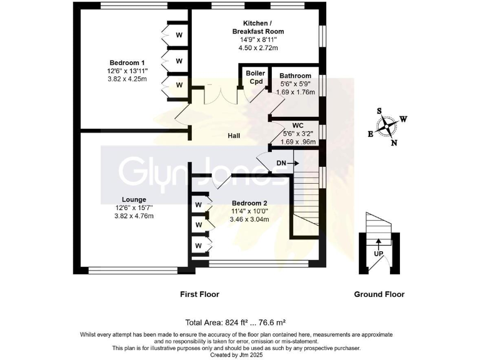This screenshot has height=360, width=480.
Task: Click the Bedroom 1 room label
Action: (x=127, y=62)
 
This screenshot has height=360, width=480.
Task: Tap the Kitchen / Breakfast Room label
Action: (x=258, y=26)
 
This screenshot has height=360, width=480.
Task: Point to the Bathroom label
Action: (x=295, y=76)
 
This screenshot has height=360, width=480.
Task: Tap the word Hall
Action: (x=234, y=136)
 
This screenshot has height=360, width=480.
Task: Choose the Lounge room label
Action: (x=134, y=199)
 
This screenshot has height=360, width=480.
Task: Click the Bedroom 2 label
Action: (x=249, y=203)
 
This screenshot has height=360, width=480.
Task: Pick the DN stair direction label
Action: (x=281, y=164)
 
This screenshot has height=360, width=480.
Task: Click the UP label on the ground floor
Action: (x=379, y=254)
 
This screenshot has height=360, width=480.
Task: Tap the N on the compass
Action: (x=394, y=142)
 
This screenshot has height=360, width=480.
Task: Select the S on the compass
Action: (x=379, y=111)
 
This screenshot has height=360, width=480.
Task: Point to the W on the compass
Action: (x=404, y=119)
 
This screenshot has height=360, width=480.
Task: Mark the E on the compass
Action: (x=370, y=134)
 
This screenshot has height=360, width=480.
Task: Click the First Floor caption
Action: (x=201, y=294)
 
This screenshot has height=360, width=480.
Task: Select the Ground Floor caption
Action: (x=379, y=294)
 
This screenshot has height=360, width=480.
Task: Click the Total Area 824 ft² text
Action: (x=236, y=323)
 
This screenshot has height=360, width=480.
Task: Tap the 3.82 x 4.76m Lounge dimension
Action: (x=134, y=216)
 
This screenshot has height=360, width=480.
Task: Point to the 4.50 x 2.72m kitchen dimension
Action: (x=258, y=47)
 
